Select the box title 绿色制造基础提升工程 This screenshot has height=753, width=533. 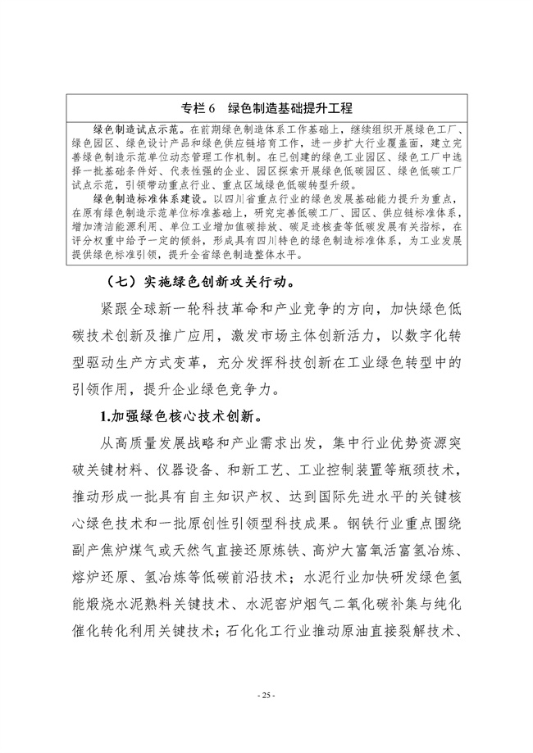(290, 108)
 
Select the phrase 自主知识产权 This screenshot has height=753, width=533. (257, 497)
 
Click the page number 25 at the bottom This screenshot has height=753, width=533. (266, 695)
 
